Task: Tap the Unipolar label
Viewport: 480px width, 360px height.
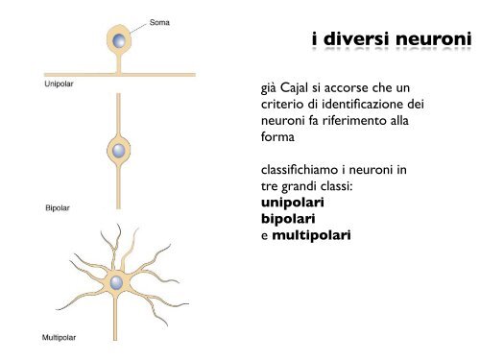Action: [60, 84]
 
